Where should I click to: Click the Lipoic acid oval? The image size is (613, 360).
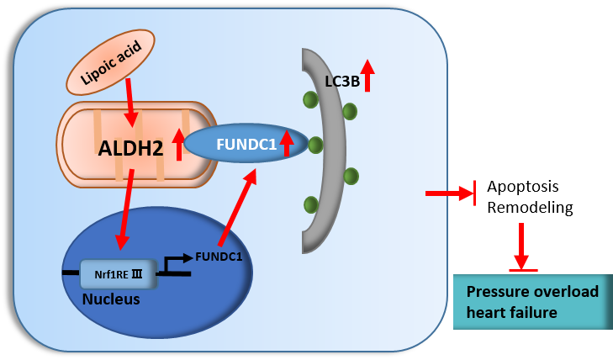click(110, 62)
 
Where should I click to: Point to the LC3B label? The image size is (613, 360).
click(341, 82)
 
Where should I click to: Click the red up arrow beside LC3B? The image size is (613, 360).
click(367, 75)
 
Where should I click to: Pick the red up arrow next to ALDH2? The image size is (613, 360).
click(178, 144)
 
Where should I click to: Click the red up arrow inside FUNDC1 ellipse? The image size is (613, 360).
click(287, 143)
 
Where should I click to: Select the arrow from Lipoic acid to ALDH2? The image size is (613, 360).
click(130, 101)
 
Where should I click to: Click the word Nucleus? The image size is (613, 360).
click(111, 299)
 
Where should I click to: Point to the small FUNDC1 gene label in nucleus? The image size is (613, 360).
click(218, 257)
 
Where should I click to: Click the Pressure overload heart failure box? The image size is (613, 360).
click(532, 301)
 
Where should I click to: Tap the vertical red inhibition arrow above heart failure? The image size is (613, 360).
click(521, 246)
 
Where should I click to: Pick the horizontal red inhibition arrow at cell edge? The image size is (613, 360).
click(451, 193)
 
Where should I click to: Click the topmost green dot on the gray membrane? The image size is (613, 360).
click(310, 100)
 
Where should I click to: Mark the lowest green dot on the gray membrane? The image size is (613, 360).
click(311, 204)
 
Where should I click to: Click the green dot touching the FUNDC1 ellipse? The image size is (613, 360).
click(315, 146)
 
